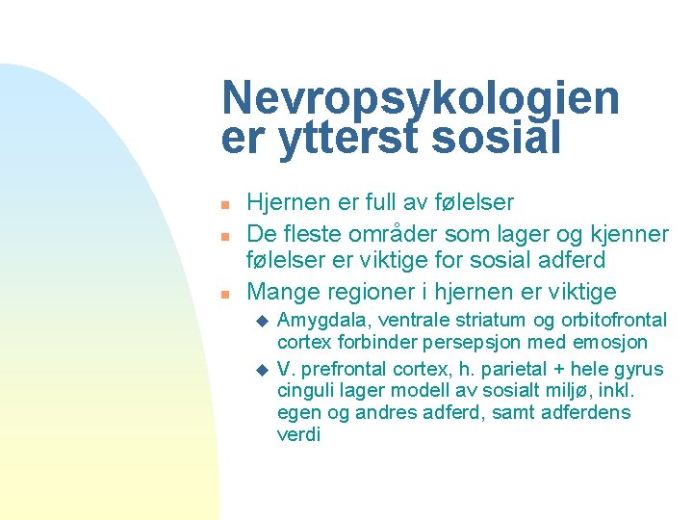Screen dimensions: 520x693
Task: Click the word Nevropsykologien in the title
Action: click(x=421, y=99)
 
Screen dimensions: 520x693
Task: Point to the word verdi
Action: click(x=298, y=435)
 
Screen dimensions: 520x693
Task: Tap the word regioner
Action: click(x=371, y=291)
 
